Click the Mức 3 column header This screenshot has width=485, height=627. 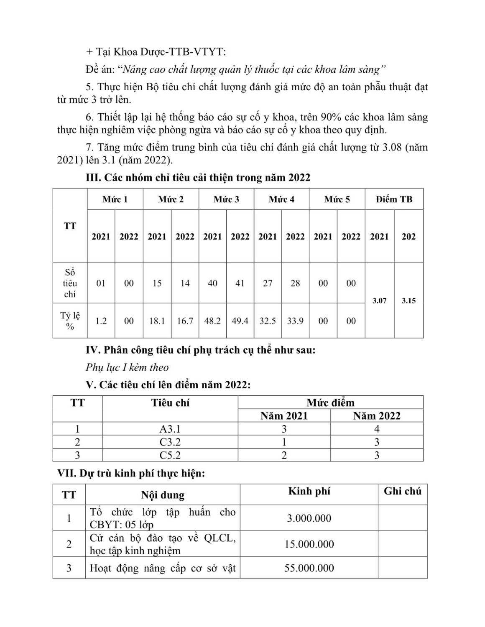(226, 199)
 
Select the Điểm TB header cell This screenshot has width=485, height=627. (394, 199)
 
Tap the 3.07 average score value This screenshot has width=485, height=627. (379, 301)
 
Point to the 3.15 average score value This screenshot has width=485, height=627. (408, 301)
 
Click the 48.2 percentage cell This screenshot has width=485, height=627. (212, 321)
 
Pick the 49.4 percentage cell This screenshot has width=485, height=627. (240, 321)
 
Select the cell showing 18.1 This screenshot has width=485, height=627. (157, 321)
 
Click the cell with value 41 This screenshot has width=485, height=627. (240, 283)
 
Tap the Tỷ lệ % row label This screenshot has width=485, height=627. (70, 321)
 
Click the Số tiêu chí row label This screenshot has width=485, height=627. (70, 283)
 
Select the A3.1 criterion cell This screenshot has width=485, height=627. (170, 429)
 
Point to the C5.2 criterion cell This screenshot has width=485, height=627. (170, 455)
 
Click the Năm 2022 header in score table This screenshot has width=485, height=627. (377, 416)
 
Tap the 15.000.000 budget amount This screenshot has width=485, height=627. (309, 544)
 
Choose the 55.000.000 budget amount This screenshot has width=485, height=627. (309, 568)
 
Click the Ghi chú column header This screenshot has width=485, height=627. (402, 491)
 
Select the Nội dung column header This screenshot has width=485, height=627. (163, 495)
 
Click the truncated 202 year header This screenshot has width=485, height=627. (408, 237)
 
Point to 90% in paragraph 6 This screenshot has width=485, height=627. (332, 117)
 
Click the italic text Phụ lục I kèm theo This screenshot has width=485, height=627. (127, 367)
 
